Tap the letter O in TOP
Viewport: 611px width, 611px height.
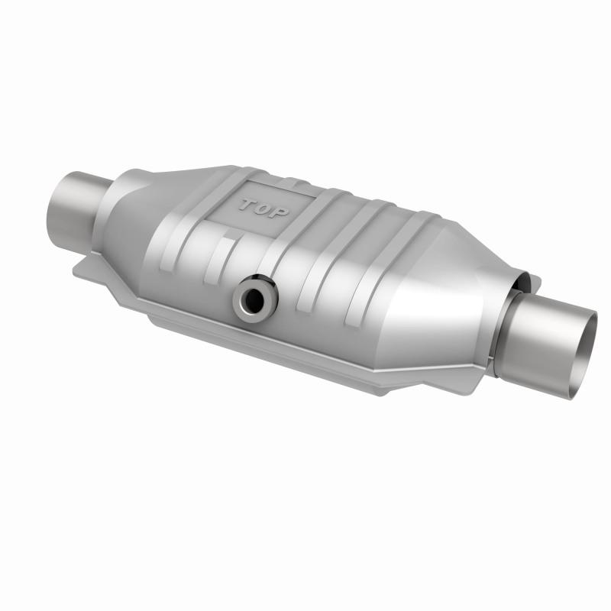(x=263, y=208)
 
